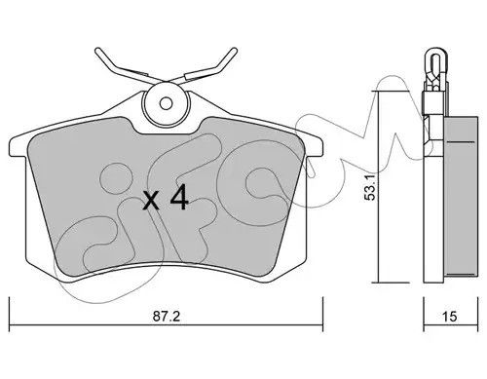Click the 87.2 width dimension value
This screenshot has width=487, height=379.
tap(167, 317)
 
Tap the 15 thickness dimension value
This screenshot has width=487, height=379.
tap(450, 317)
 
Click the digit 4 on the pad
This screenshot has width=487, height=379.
tap(179, 197)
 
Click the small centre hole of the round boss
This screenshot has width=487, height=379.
tap(166, 103)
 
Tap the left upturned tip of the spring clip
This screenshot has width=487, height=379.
tap(97, 51)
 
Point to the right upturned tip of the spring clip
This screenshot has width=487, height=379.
tap(235, 51)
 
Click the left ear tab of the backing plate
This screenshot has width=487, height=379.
tap(18, 147)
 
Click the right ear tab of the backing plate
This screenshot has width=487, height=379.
tap(315, 147)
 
